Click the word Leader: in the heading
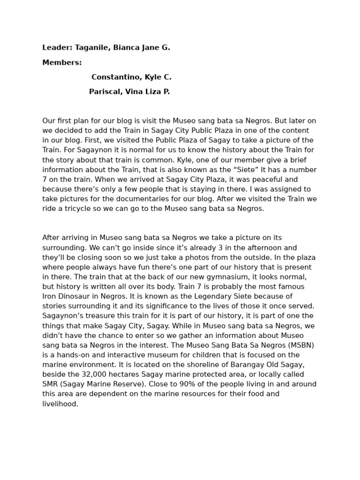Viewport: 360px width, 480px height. pyautogui.click(x=57, y=47)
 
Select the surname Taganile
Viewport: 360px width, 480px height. pyautogui.click(x=92, y=47)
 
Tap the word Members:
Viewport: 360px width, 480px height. pyautogui.click(x=62, y=62)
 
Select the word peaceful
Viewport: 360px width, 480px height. pyautogui.click(x=265, y=180)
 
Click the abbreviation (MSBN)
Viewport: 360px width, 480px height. pyautogui.click(x=297, y=345)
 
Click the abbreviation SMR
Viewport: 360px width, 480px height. pyautogui.click(x=51, y=384)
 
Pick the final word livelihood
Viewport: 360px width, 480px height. pyautogui.click(x=60, y=404)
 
